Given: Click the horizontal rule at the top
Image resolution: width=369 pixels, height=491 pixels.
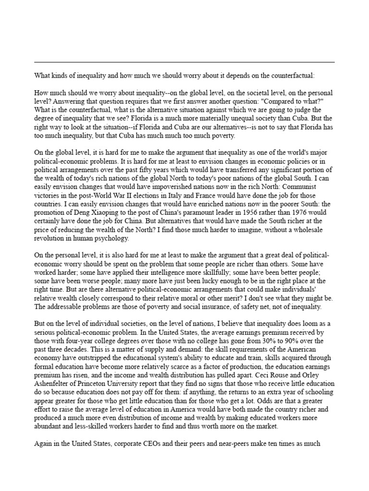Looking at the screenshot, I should (184, 62).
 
